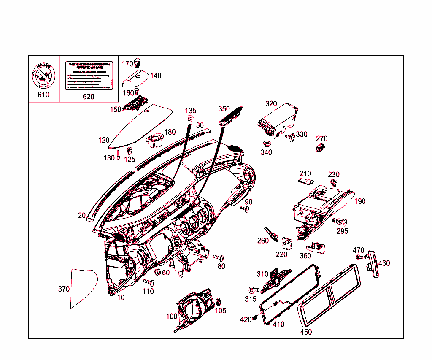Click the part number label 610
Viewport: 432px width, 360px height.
(x=43, y=95)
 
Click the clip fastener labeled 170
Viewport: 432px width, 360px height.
(x=138, y=63)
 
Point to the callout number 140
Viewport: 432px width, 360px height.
(x=155, y=76)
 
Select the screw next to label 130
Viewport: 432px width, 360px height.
(x=119, y=154)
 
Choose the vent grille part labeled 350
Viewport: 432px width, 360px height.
(x=230, y=115)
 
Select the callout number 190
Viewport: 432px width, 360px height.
(x=359, y=201)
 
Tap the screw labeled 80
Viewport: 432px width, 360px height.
(x=219, y=257)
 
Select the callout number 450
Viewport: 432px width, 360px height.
(x=306, y=332)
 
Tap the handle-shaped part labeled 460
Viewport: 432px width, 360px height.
(x=373, y=264)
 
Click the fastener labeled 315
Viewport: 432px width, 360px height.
(x=254, y=290)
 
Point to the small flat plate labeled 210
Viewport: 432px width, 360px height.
(x=305, y=181)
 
